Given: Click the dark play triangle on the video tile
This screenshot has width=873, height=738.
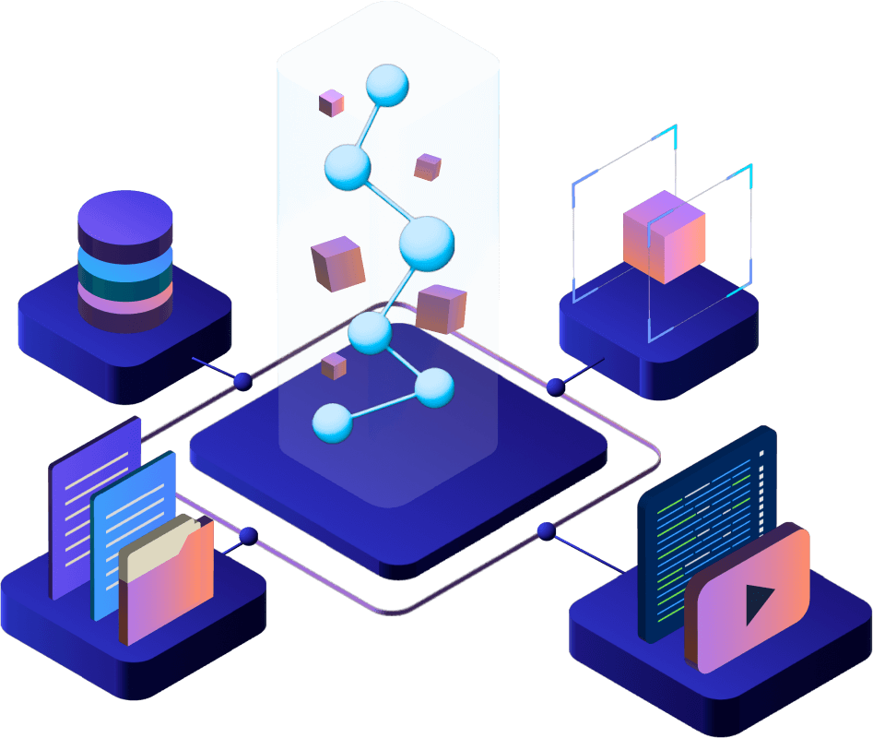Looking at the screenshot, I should [758, 604].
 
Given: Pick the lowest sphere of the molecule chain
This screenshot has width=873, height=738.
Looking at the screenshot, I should [333, 423].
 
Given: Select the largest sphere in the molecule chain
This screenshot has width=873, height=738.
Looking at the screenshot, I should [427, 242].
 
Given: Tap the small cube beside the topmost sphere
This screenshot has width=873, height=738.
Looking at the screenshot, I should [332, 102].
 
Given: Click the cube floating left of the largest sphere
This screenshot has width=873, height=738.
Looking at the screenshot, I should [338, 262].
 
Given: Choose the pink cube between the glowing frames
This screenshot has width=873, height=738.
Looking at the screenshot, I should [664, 236].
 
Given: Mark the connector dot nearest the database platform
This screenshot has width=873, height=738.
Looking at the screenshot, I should [242, 380].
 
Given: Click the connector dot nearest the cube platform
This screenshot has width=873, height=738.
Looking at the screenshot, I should [555, 387].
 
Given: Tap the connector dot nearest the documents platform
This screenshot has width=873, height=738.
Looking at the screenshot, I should [247, 535].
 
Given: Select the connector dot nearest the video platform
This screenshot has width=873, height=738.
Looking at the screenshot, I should [547, 530].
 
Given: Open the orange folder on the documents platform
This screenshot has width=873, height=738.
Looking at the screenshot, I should [166, 595].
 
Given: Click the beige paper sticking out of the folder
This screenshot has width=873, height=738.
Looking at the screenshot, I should [157, 544].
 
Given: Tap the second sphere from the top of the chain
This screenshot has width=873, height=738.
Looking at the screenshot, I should [348, 167].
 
